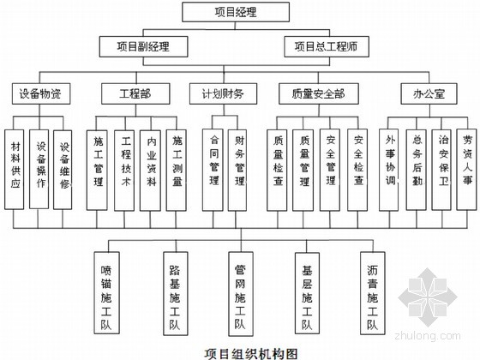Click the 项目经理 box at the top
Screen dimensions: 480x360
236,12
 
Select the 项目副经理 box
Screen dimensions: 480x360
143,46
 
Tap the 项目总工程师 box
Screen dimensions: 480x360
327,46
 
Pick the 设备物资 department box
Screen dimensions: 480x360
41,93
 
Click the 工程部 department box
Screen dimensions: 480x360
135,93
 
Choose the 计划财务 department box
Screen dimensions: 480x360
223,93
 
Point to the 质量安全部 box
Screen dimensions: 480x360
318,93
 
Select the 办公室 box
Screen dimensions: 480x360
429,93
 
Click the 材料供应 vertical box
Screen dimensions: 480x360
14,170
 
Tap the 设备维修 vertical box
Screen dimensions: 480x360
63,170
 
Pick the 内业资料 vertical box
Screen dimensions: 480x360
150,171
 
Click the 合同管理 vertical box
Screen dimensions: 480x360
213,170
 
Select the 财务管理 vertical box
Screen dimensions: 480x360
237,170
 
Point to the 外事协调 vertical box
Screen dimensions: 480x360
389,170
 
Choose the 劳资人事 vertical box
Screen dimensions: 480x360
466,170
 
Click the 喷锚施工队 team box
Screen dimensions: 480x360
106,292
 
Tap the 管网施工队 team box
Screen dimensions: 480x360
241,294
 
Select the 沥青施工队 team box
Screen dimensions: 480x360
373,293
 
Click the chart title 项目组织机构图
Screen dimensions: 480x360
251,353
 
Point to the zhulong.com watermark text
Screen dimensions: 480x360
428,335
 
